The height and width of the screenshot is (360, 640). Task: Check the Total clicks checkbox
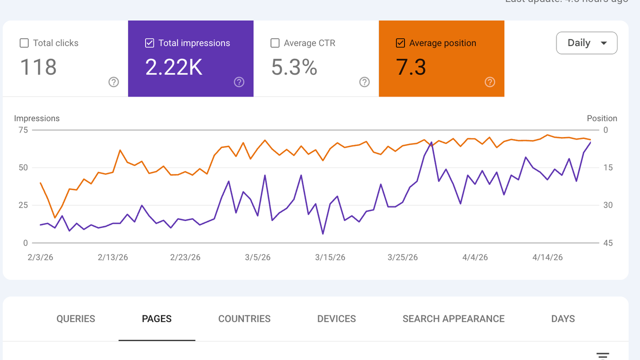(24, 43)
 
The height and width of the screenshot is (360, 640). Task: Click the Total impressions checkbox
(149, 43)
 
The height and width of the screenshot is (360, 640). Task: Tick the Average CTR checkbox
(275, 43)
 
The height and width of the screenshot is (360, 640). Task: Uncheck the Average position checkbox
(400, 43)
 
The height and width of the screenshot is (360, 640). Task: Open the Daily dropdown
(586, 43)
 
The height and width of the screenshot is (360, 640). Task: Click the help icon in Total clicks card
(114, 82)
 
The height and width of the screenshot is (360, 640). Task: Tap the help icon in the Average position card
(490, 82)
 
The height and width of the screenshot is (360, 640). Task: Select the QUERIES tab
(75, 319)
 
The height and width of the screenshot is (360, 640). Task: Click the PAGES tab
(156, 319)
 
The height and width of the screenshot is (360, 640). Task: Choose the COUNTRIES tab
(244, 319)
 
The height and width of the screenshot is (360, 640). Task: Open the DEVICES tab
(336, 319)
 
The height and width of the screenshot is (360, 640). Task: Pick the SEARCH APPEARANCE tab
(453, 319)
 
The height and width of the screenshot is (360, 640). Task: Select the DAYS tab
(563, 319)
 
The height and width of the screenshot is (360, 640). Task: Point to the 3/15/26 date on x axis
(330, 257)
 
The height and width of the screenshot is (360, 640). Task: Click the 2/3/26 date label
(40, 257)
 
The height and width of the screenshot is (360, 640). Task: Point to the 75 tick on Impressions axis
(23, 130)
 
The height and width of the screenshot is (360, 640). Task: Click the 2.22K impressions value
(173, 67)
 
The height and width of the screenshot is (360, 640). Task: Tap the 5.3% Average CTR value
(294, 67)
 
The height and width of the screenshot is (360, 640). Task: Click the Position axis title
(602, 118)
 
